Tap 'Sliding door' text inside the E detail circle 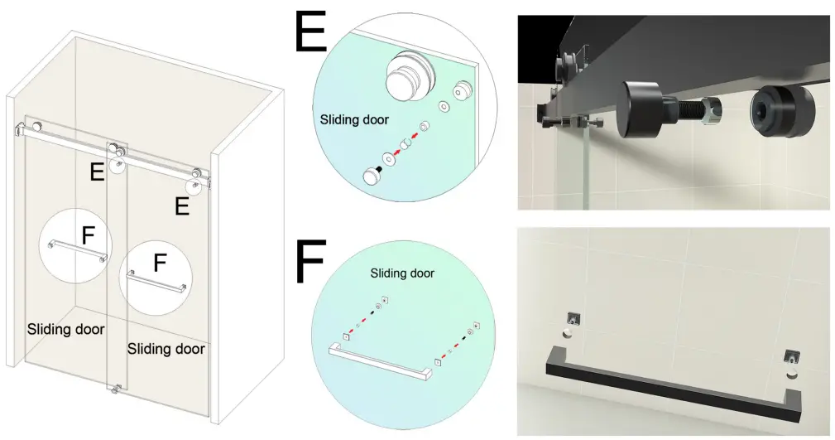click(x=353, y=119)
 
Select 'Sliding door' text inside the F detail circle click(x=402, y=273)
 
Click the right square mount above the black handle click(x=792, y=358)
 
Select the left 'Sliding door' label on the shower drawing click(x=65, y=329)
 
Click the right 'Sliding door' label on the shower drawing click(x=166, y=349)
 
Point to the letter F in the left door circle click(x=89, y=235)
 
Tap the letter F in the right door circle click(x=160, y=263)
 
